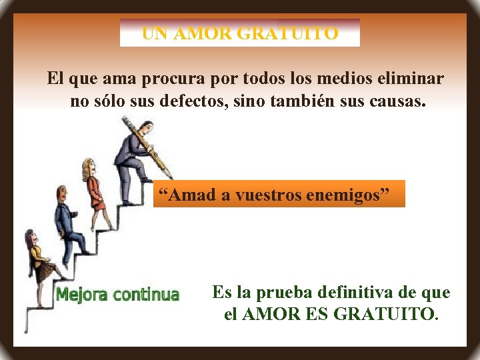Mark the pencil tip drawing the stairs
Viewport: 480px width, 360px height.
pyautogui.click(x=171, y=176)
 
